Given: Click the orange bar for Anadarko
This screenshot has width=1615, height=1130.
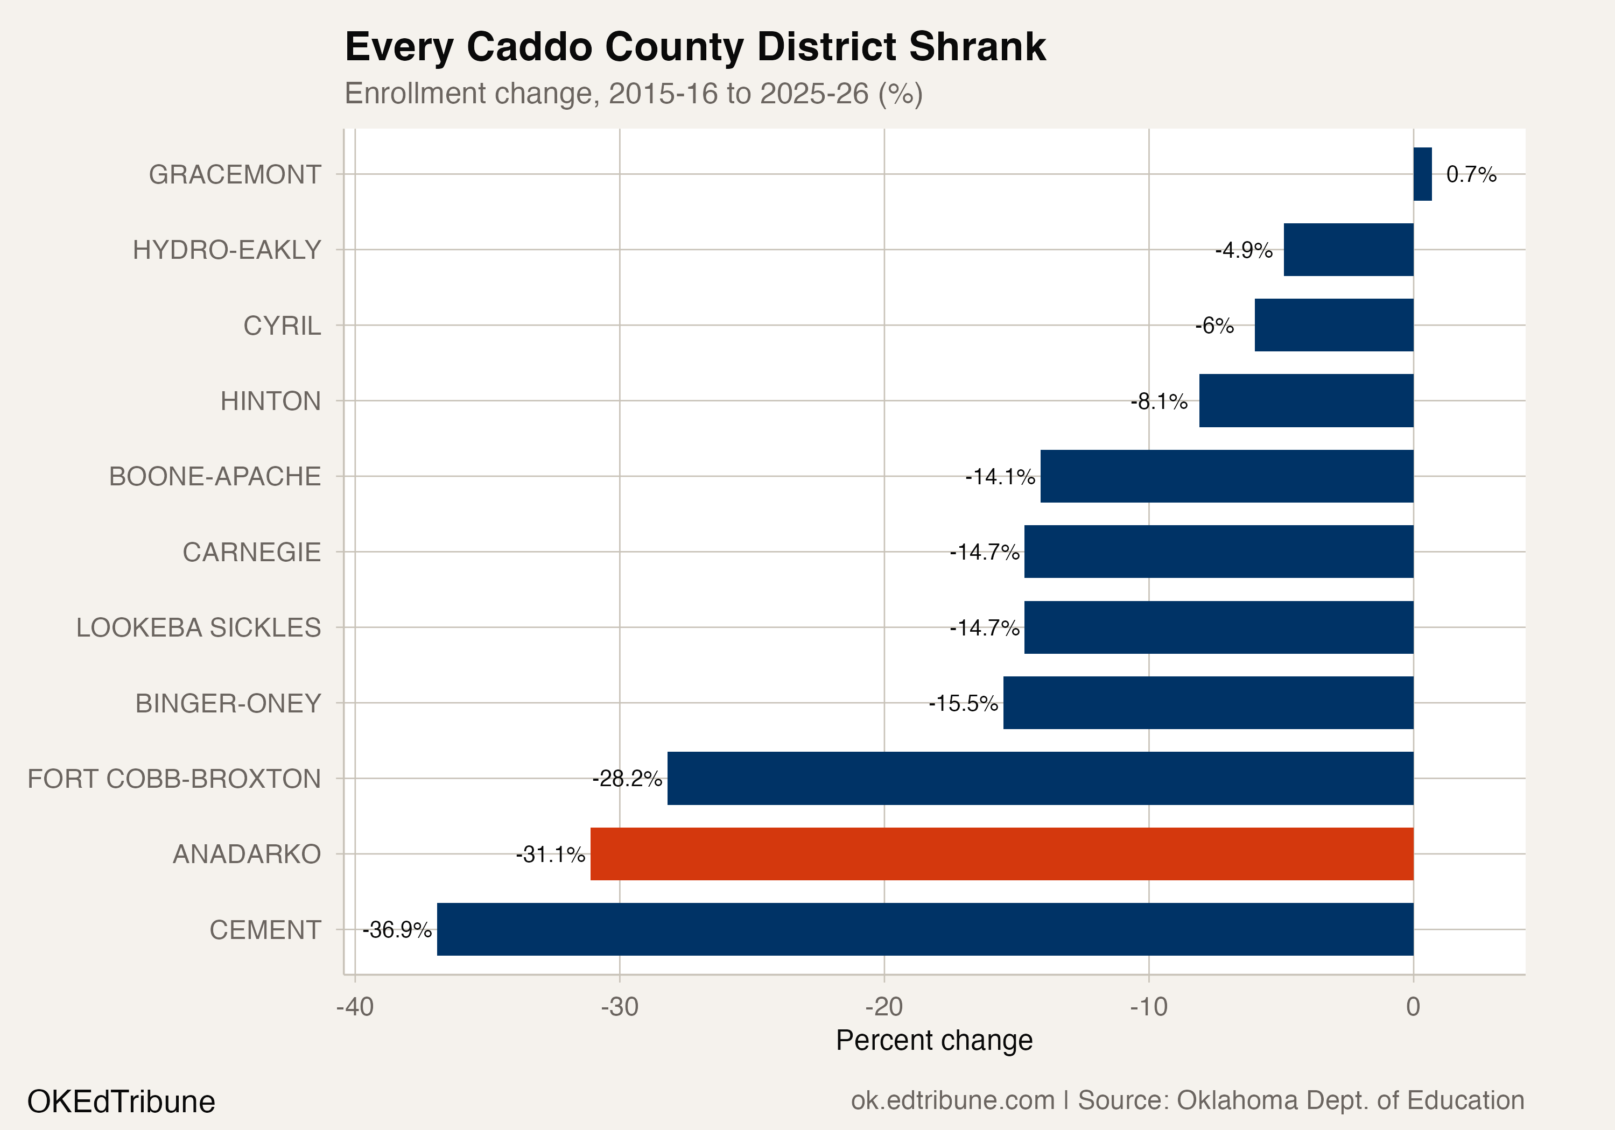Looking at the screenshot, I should [1002, 853].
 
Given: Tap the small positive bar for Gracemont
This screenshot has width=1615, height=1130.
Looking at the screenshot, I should [1422, 174].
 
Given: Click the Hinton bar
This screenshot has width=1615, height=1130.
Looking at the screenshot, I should [1305, 400].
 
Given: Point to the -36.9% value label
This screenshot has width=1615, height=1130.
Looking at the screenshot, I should [397, 930].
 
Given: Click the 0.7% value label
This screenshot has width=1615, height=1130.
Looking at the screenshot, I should [1471, 174].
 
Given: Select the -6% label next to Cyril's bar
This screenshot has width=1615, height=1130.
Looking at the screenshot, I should [1214, 326].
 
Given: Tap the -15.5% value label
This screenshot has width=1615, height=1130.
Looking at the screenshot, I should [963, 703].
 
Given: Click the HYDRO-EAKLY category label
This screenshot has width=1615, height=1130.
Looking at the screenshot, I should [227, 250].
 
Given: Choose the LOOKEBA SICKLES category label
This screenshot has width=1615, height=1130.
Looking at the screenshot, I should [198, 627].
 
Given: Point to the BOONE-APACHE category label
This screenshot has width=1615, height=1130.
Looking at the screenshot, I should [215, 476].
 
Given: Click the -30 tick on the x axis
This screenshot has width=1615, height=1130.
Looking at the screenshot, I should [619, 1007].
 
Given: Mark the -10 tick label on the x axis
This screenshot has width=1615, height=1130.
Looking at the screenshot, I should [1149, 1007].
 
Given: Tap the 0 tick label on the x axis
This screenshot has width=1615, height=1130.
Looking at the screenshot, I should [1413, 1007].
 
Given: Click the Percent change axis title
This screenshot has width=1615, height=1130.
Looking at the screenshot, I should [933, 1040].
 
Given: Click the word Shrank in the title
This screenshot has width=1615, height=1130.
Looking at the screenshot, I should [977, 47].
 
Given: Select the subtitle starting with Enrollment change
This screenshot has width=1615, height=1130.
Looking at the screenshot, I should [633, 94].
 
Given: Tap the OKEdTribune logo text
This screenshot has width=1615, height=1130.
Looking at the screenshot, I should [121, 1101].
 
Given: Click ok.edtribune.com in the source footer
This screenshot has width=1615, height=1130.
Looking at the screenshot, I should [952, 1100].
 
